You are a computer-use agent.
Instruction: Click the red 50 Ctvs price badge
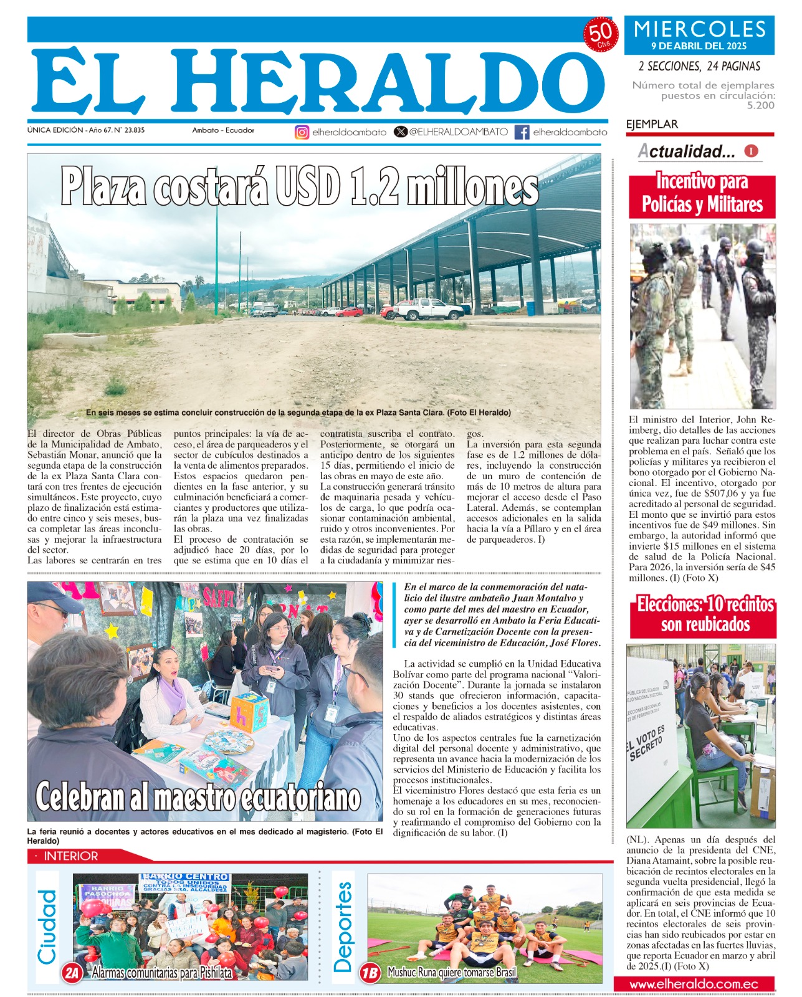coord(600,35)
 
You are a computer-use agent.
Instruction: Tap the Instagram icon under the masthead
coord(302,132)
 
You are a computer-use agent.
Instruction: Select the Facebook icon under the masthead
coord(522,132)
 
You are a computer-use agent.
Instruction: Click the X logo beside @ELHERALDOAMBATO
coord(401,132)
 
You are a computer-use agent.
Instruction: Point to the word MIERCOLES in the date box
coord(699,29)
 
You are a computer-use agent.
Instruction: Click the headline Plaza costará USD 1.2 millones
coord(300,186)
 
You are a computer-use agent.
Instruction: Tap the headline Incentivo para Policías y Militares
coord(702,194)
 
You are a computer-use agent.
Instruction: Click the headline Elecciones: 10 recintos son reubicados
coord(705,614)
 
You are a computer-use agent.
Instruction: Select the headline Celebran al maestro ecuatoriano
coord(198,798)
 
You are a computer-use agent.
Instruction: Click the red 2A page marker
coord(72,973)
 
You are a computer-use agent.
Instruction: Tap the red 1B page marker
coord(370,973)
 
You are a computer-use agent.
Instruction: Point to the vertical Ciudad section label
coord(47,927)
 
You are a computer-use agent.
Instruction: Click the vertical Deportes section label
coord(343,927)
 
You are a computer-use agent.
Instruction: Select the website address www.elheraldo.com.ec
coord(694,985)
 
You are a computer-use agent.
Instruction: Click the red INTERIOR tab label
coord(70,856)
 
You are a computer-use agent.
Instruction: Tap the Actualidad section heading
coord(687,151)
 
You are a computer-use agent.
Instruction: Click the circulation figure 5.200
coord(760,105)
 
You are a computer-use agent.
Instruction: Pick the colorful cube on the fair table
coord(250,712)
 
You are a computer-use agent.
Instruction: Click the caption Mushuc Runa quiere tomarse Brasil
coord(452,972)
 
